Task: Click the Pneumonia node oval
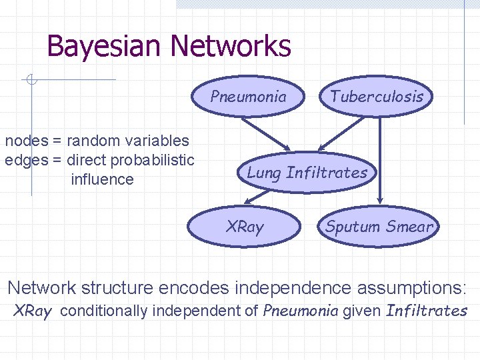pyautogui.click(x=248, y=97)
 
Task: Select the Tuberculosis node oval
pyautogui.click(x=377, y=96)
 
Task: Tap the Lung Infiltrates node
pyautogui.click(x=307, y=173)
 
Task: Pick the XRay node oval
pyautogui.click(x=245, y=227)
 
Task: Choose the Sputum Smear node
pyautogui.click(x=379, y=227)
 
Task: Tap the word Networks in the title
pyautogui.click(x=231, y=46)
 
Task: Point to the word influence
pyautogui.click(x=102, y=179)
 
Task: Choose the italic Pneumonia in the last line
pyautogui.click(x=301, y=311)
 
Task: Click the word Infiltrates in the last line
pyautogui.click(x=427, y=311)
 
